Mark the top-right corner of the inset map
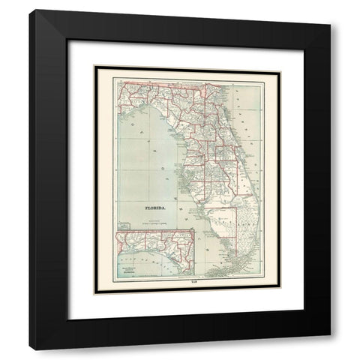tap(194, 229)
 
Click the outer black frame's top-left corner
tap(30, 10)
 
